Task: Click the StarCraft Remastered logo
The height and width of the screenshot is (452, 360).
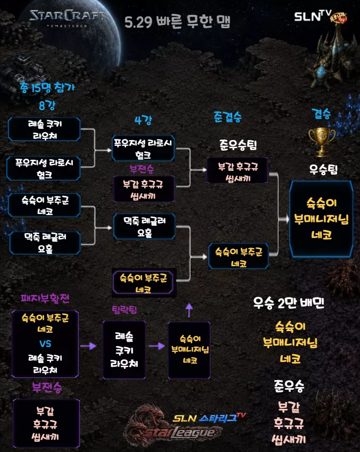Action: [67, 18]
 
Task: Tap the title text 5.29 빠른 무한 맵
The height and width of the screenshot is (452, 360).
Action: [177, 22]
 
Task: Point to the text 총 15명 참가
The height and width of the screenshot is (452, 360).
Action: [47, 87]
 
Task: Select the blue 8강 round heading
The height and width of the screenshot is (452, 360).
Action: [47, 105]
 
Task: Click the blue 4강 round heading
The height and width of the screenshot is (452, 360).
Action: [143, 120]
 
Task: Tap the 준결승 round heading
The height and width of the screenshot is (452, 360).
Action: [227, 117]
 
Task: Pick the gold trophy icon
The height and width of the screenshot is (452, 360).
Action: [322, 142]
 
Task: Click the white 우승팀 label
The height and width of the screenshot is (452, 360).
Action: [323, 169]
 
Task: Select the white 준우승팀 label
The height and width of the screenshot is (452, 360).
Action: [238, 145]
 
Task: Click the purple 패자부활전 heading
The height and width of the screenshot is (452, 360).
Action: [45, 298]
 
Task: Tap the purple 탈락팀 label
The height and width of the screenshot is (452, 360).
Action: [124, 310]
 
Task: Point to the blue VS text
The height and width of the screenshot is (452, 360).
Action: [45, 343]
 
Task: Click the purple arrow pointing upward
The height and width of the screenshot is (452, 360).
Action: [189, 310]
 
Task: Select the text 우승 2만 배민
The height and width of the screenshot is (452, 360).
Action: [289, 303]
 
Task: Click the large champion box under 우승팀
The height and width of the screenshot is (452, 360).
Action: [321, 219]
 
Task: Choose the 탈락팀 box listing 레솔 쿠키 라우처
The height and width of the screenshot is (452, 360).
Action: [124, 350]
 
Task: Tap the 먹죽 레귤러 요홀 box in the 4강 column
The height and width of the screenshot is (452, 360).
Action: [144, 227]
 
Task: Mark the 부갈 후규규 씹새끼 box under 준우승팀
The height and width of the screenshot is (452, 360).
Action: [237, 170]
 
